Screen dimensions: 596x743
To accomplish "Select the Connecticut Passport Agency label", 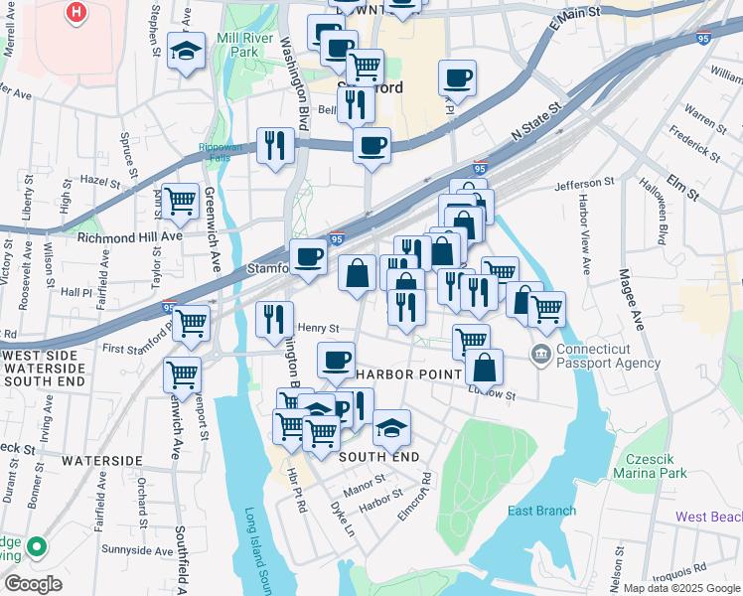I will (608, 356).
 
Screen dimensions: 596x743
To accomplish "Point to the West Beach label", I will (708, 517).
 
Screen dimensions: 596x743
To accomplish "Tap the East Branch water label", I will (541, 511).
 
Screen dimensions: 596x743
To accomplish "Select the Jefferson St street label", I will (585, 184).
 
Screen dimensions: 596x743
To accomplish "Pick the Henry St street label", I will (319, 327).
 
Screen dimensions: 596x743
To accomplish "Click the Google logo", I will (33, 584).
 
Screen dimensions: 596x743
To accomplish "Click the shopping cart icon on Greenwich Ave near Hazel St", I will (181, 201).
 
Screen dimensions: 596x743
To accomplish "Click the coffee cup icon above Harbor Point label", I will (337, 358).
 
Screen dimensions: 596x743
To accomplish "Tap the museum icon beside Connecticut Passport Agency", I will (541, 354).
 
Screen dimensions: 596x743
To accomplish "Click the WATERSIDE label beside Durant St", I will (101, 461).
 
